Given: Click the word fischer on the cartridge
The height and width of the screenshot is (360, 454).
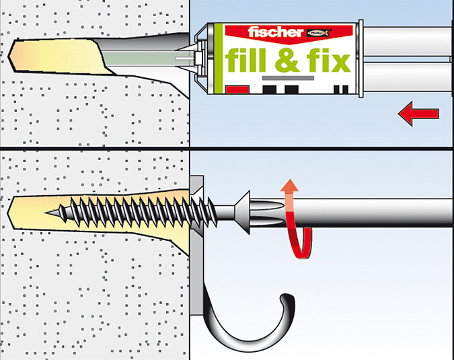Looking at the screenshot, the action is pyautogui.click(x=275, y=32).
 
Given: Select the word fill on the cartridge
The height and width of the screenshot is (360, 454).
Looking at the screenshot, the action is pyautogui.click(x=245, y=60).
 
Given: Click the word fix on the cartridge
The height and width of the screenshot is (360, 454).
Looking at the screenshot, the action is pyautogui.click(x=328, y=60).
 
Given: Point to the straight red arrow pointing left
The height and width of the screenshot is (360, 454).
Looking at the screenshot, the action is pyautogui.click(x=418, y=114).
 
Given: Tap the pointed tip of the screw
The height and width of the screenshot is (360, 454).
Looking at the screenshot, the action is pyautogui.click(x=46, y=213).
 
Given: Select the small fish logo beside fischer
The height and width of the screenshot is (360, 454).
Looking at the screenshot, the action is pyautogui.click(x=318, y=33).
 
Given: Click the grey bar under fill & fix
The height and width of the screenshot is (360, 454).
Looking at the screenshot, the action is pyautogui.click(x=288, y=78).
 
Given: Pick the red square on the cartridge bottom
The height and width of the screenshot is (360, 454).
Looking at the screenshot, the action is pyautogui.click(x=237, y=89).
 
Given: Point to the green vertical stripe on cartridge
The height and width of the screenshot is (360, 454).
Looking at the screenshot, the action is pyautogui.click(x=219, y=59).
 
